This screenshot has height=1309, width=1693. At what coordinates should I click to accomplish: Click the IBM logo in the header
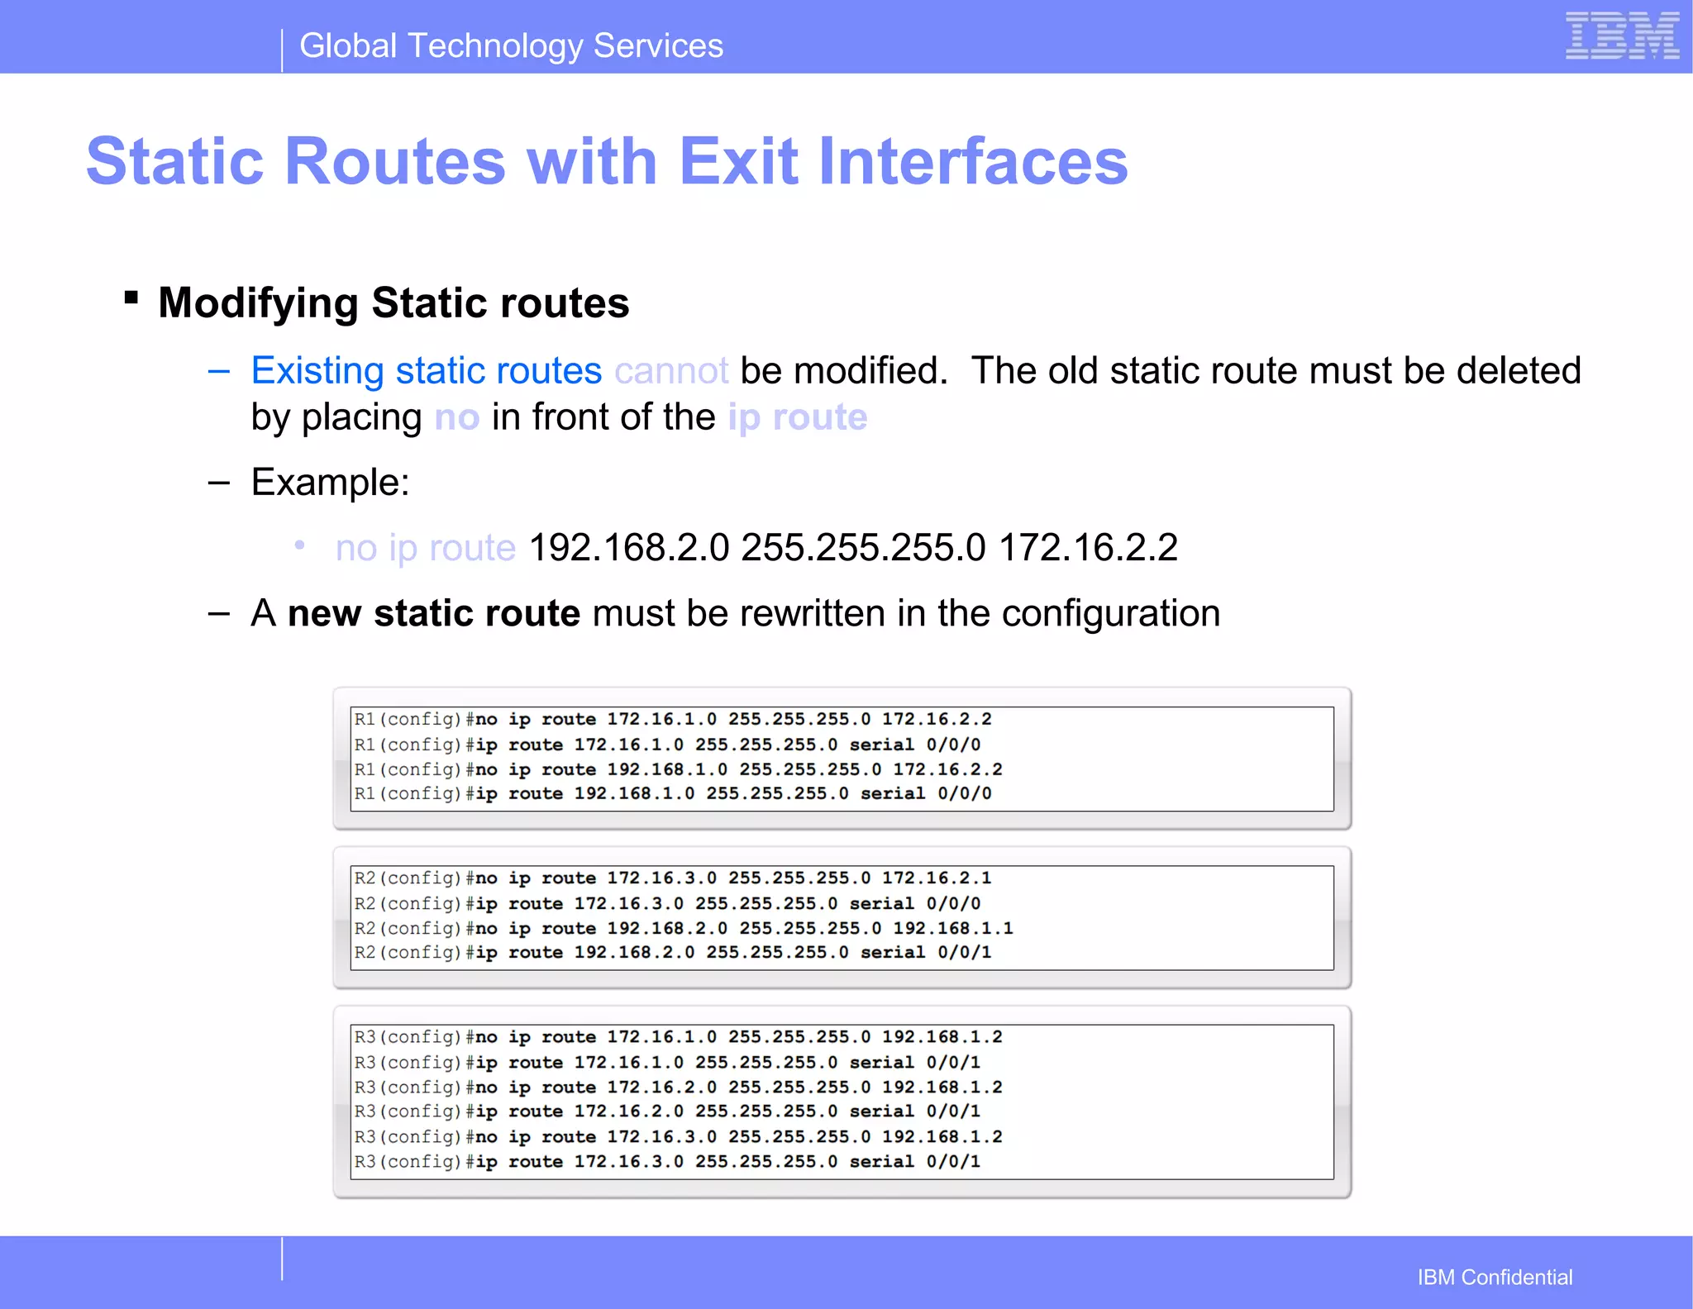(1622, 36)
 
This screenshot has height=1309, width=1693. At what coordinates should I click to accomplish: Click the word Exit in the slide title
(738, 161)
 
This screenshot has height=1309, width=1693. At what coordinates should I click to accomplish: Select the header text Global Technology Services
(511, 46)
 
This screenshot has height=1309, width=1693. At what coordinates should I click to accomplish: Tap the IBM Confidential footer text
(1495, 1277)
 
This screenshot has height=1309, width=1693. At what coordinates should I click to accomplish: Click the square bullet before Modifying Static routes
(131, 297)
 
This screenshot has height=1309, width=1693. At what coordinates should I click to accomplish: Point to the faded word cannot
(671, 371)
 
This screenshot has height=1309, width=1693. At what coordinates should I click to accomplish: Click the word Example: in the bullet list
(330, 482)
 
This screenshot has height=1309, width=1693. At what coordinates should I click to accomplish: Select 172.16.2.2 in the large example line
(1088, 548)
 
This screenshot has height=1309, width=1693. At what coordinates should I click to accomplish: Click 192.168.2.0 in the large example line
(628, 548)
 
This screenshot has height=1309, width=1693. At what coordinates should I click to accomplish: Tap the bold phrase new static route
(433, 613)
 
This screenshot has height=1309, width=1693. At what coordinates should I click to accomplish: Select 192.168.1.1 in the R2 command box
(952, 929)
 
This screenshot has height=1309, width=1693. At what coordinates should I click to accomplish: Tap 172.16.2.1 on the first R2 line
(936, 878)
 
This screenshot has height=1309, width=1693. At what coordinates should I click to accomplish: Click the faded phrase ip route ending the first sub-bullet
(797, 417)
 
